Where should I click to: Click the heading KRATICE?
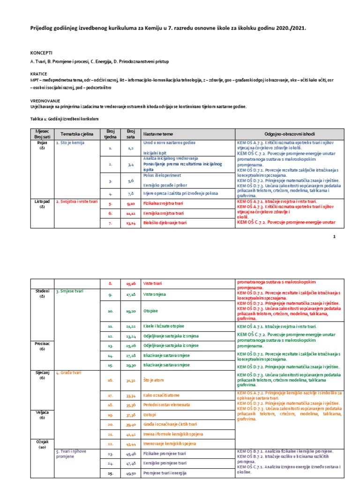coord(39,74)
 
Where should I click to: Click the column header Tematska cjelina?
coord(77,134)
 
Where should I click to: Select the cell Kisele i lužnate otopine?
coord(164,326)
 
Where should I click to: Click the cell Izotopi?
coord(150,415)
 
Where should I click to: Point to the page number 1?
coord(334,237)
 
